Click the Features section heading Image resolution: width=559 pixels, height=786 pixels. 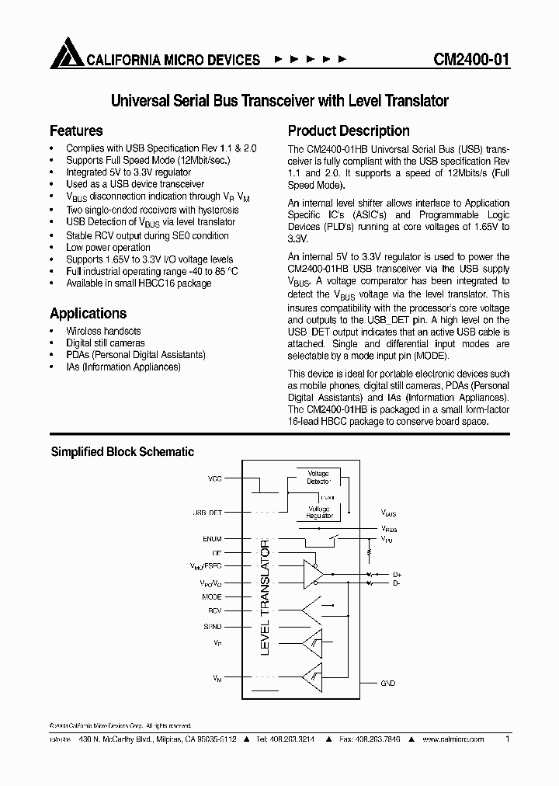tap(76, 130)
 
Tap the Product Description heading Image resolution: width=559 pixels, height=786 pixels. tap(349, 130)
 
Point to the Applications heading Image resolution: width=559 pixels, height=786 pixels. tap(88, 313)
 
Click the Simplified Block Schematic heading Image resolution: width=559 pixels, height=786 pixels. tap(122, 451)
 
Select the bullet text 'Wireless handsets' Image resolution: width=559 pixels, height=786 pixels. tap(103, 331)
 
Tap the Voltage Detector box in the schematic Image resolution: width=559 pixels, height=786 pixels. tap(318, 477)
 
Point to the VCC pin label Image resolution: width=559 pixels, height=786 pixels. tap(214, 478)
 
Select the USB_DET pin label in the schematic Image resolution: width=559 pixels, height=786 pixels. tap(207, 513)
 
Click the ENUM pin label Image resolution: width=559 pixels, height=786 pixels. tap(211, 538)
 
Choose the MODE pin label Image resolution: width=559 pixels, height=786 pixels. tap(211, 596)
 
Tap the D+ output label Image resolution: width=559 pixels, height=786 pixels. tap(396, 574)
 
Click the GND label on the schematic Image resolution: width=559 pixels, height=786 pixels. tap(388, 683)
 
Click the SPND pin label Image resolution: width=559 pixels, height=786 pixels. tap(212, 625)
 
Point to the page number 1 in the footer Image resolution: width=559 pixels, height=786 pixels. tap(507, 740)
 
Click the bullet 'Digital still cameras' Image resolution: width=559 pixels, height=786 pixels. tap(105, 343)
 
